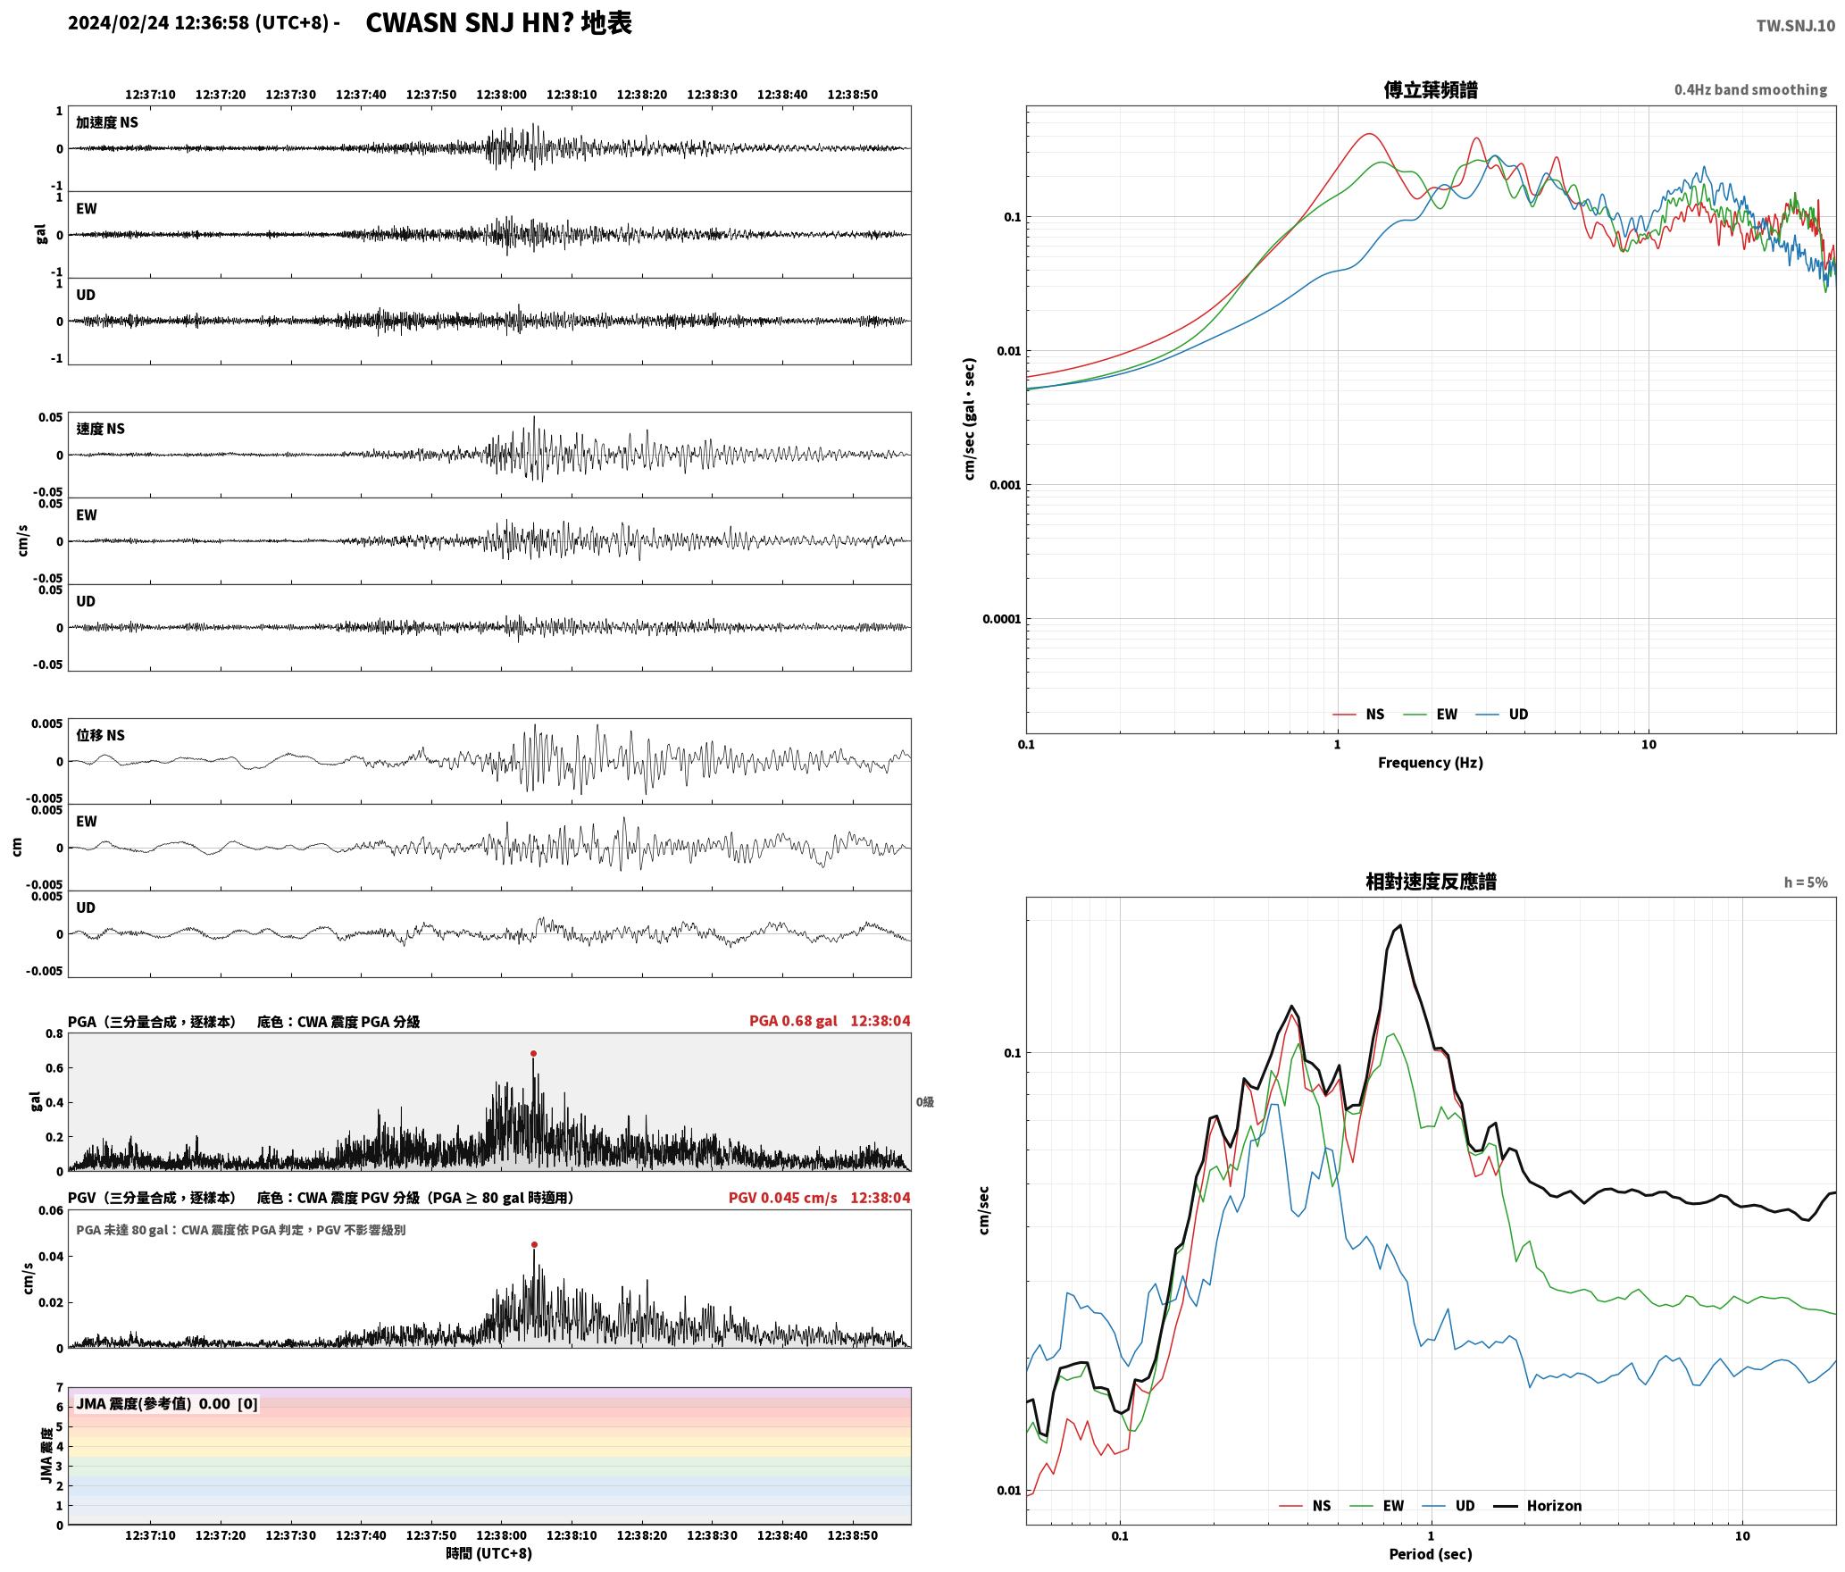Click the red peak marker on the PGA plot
click(x=533, y=1054)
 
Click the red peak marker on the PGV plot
click(x=534, y=1244)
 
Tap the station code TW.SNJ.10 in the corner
click(x=1795, y=26)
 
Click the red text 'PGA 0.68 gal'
click(x=793, y=1021)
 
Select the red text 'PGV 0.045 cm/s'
click(x=782, y=1198)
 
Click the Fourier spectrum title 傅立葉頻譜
click(x=1430, y=89)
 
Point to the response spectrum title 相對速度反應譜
click(x=1431, y=882)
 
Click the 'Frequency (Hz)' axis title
click(x=1430, y=763)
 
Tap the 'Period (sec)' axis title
click(x=1430, y=1554)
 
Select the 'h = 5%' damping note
click(x=1806, y=882)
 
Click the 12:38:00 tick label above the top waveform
click(x=501, y=95)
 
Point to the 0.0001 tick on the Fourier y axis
click(x=1001, y=619)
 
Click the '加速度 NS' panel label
click(x=107, y=122)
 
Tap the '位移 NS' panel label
click(x=100, y=735)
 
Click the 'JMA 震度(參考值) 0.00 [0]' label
click(x=167, y=1404)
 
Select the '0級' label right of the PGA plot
click(x=924, y=1102)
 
